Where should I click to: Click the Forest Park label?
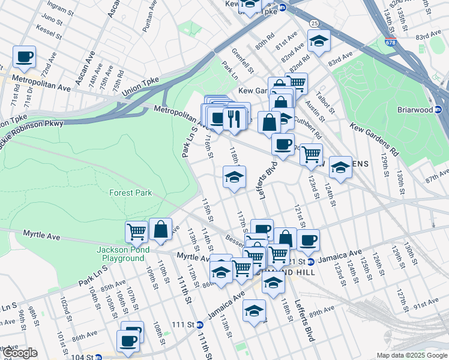(x=130, y=193)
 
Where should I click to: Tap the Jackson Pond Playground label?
(x=121, y=254)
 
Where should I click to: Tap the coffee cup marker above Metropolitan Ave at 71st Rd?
(x=24, y=58)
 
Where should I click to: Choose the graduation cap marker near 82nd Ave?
(x=319, y=41)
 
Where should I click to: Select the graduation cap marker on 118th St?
(x=235, y=177)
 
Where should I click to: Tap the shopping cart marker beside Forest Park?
(x=137, y=231)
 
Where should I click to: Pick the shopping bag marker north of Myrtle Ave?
(x=160, y=229)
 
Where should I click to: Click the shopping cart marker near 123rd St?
(x=311, y=155)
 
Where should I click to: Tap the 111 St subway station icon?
(x=199, y=325)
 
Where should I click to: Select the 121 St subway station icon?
(x=310, y=262)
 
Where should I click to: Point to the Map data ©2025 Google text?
(x=412, y=355)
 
